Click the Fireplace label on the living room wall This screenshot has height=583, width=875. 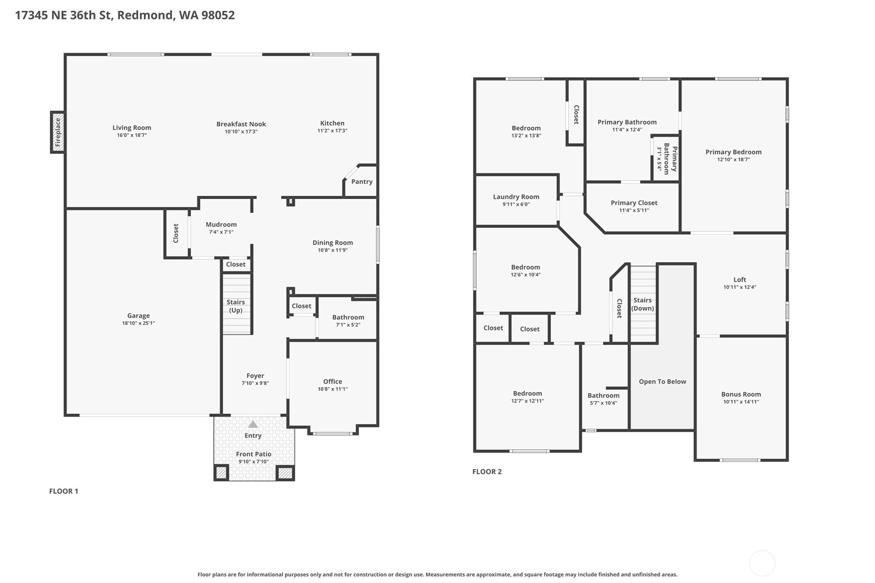point(58,132)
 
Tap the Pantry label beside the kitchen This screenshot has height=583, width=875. point(362,181)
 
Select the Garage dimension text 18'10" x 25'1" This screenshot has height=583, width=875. point(138,323)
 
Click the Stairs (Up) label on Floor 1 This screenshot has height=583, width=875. point(236,306)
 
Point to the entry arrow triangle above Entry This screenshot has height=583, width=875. point(253,424)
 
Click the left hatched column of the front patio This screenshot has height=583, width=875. point(221,473)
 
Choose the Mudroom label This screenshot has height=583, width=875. point(221,225)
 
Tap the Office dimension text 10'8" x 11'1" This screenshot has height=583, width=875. point(333,389)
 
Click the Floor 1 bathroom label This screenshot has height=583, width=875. point(348,318)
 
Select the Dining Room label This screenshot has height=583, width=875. point(333,243)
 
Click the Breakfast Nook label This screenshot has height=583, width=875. point(241,124)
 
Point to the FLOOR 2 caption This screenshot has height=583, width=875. point(487,472)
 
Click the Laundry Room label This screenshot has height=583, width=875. point(516,197)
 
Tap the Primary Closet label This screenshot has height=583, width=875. point(634,203)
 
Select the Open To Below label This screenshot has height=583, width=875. point(663,382)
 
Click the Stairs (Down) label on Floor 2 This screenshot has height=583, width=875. point(642,304)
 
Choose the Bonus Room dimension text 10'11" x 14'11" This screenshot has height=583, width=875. point(741,402)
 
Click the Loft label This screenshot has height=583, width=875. point(739,279)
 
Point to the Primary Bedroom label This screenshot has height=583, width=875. point(733,152)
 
